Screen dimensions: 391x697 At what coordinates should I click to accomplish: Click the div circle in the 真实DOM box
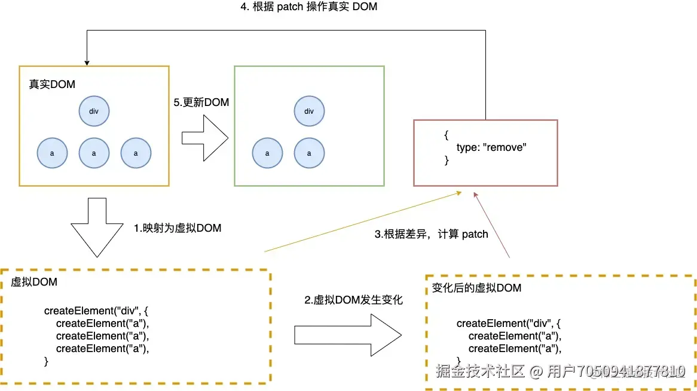pos(94,111)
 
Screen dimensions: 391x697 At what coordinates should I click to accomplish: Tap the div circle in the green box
pos(309,111)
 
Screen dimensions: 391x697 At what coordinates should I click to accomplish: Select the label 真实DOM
pos(52,84)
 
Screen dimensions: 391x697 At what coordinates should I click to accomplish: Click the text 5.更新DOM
pos(201,102)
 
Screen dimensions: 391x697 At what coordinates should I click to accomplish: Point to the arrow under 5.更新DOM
pos(205,138)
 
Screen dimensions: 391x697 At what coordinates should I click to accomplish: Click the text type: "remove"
pos(490,147)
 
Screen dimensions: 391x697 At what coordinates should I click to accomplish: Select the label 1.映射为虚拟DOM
pos(178,228)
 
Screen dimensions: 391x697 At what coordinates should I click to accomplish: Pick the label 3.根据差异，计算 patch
pos(431,234)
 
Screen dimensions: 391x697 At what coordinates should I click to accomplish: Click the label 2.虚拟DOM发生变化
pos(354,300)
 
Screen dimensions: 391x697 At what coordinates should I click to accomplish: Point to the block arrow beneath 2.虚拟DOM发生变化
pos(350,335)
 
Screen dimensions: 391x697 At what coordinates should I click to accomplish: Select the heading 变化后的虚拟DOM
pos(476,288)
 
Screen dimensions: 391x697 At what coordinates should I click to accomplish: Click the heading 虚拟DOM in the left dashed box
pos(34,281)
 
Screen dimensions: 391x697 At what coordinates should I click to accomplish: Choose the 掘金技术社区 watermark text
pos(480,371)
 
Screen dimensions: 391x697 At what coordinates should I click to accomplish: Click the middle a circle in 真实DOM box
pos(94,153)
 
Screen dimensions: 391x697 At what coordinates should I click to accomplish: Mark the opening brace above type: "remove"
pos(446,135)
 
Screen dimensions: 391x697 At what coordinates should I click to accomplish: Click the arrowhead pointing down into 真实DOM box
pos(87,62)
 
